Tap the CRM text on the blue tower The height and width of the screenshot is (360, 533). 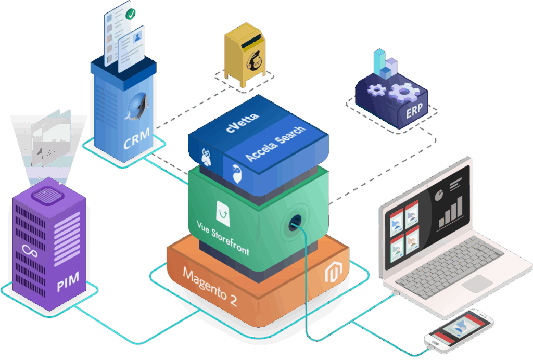coord(136,139)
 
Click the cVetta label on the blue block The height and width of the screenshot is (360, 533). coord(243,122)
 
